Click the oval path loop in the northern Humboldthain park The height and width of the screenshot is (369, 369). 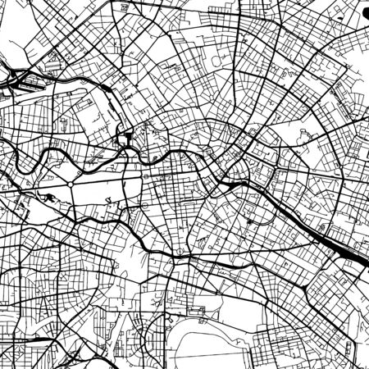[218, 61]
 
